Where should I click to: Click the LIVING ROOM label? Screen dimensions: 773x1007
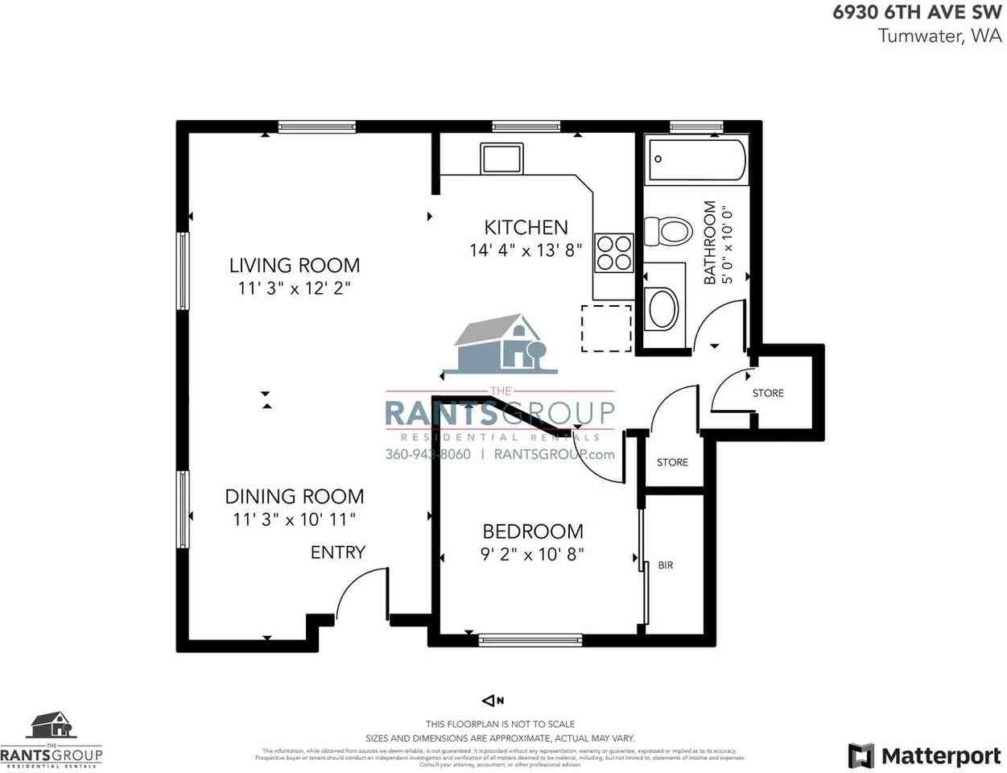point(294,265)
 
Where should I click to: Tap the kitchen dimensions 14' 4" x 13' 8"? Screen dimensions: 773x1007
point(526,250)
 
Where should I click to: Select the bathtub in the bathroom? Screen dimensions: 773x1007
point(697,159)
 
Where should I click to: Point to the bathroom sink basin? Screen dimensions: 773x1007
point(663,308)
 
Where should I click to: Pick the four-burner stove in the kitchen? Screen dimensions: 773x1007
point(614,252)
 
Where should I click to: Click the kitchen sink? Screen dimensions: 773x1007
point(501,158)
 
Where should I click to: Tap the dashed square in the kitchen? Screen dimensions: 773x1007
point(606,329)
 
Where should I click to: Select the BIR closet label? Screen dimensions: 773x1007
point(666,565)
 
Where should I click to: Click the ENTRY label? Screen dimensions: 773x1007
point(338,552)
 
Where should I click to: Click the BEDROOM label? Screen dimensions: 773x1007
point(532,531)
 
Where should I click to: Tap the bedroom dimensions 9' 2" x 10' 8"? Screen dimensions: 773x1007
point(532,554)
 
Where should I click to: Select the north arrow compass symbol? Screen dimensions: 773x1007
point(492,701)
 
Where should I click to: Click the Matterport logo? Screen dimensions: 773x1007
point(925,756)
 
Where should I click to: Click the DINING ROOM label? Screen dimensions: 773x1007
point(294,496)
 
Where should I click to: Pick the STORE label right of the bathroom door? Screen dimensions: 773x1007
point(768,393)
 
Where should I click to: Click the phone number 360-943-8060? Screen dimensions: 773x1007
point(427,454)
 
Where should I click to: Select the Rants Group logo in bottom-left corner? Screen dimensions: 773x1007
point(52,739)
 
